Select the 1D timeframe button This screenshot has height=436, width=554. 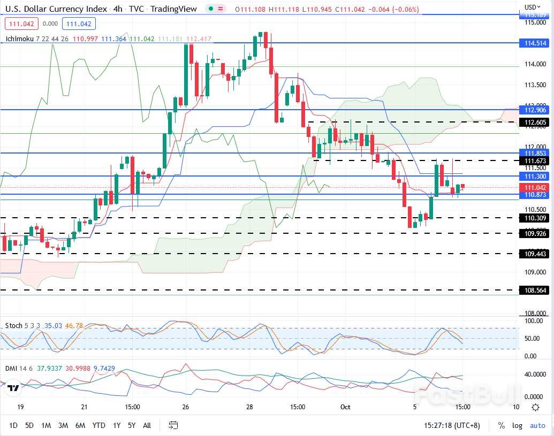tap(13, 425)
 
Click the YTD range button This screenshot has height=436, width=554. tap(98, 425)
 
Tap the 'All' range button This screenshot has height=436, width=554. tap(147, 425)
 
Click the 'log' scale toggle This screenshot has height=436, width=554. tap(517, 425)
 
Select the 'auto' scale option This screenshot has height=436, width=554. tap(537, 425)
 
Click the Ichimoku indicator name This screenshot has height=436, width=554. tap(20, 39)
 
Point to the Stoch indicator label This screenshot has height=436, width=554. tap(14, 325)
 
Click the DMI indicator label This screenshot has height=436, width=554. tap(11, 369)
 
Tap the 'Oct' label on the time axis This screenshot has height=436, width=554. tap(345, 407)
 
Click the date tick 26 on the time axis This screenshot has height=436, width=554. tap(186, 407)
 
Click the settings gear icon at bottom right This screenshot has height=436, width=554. tap(535, 407)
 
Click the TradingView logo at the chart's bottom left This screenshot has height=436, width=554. tap(13, 388)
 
